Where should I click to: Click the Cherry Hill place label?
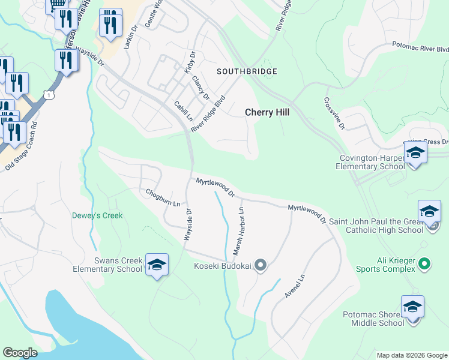click(264, 112)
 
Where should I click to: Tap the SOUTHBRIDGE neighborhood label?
click(247, 71)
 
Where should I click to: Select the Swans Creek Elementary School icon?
click(157, 265)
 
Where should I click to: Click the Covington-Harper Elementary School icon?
click(415, 153)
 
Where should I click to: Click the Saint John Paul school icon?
click(429, 212)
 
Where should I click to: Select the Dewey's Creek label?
click(97, 215)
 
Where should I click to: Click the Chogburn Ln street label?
click(163, 197)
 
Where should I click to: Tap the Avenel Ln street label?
click(295, 287)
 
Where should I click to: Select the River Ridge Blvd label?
click(208, 113)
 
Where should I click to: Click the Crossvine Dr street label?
click(334, 113)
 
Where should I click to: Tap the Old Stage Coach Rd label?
click(22, 147)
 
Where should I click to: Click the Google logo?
click(20, 352)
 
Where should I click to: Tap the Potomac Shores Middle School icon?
click(412, 307)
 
